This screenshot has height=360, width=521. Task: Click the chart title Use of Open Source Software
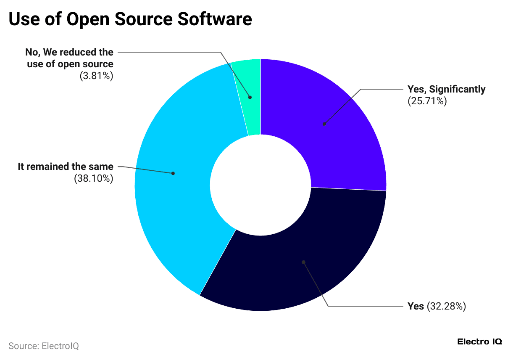point(130,19)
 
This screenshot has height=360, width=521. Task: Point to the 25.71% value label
point(427,101)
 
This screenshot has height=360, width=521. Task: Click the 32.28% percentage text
point(446,306)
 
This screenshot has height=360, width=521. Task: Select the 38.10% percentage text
point(94,178)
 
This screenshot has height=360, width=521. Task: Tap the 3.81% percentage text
point(96,76)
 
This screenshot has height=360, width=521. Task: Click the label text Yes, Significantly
point(446,89)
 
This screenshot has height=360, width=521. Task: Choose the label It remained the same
point(66,167)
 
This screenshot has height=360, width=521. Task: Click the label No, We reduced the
point(69,52)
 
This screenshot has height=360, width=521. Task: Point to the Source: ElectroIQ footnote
point(44,346)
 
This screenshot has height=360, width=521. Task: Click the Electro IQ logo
point(479,341)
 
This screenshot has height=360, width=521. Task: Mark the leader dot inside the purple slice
point(324,124)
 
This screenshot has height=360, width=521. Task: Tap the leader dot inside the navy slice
point(303,262)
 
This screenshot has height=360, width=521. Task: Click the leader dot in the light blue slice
point(173,173)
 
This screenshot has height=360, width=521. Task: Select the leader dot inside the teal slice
point(250,97)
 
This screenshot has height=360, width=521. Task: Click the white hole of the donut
point(260,185)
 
